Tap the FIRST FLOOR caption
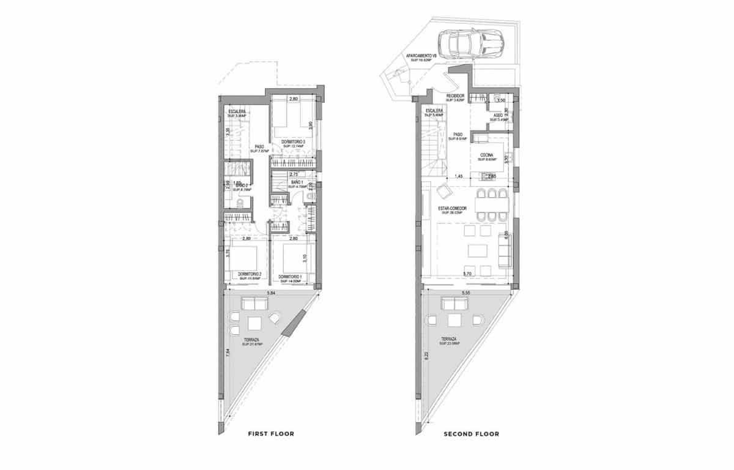click(x=270, y=434)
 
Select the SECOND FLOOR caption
click(x=471, y=434)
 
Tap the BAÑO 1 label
click(x=298, y=183)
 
